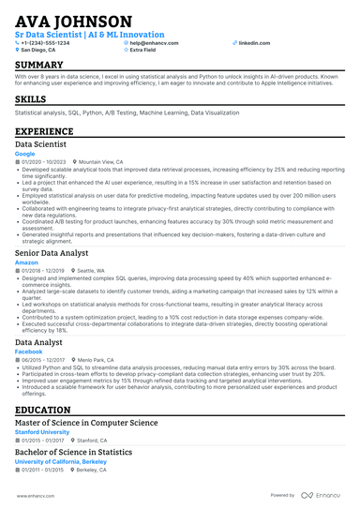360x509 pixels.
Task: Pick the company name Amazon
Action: (27, 262)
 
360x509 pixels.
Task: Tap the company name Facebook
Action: (29, 352)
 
